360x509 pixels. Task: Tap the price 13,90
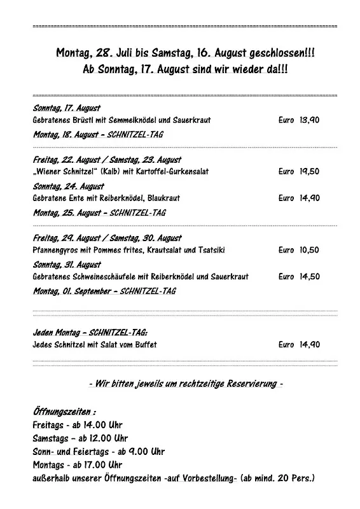[309, 120]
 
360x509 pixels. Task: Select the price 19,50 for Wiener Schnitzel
[309, 171]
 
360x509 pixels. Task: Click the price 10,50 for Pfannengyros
[309, 250]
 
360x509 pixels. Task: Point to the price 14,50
[309, 277]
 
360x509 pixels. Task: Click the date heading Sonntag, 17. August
[66, 108]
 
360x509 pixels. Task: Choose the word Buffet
[144, 345]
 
